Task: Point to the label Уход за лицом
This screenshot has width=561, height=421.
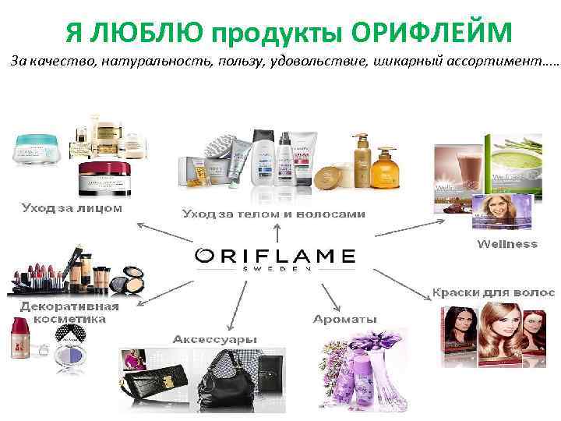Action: [71, 208]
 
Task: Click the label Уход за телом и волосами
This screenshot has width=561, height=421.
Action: [273, 212]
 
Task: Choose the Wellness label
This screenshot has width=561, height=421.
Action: [506, 244]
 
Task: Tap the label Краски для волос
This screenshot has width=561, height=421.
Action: [493, 293]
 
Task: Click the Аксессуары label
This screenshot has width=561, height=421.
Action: [215, 340]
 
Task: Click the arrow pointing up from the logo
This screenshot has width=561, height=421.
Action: [276, 233]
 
